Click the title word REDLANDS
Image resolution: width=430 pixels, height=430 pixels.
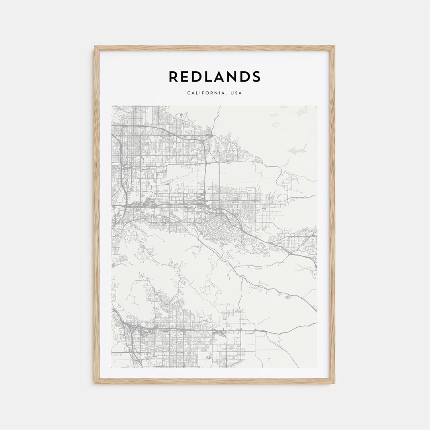point(215,76)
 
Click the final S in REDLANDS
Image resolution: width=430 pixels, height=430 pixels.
point(256,76)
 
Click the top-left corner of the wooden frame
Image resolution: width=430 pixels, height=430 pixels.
point(96,47)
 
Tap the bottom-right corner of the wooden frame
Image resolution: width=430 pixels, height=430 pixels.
point(334,383)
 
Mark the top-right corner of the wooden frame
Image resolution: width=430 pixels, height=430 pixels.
point(334,47)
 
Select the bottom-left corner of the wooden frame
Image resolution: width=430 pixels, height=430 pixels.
point(96,383)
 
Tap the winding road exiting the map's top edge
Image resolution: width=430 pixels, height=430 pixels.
point(217,109)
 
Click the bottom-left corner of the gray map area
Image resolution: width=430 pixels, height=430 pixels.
point(112,367)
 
